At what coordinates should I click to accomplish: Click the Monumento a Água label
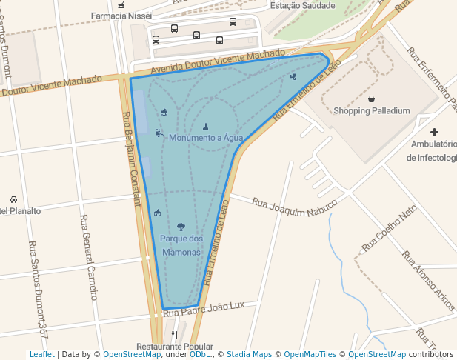(x=206, y=138)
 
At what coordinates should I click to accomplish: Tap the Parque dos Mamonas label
(x=181, y=245)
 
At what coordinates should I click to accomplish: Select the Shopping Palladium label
(x=372, y=111)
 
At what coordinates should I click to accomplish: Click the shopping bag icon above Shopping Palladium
(x=371, y=99)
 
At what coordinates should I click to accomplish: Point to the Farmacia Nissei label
(x=121, y=16)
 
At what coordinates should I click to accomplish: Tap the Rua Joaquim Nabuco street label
(x=294, y=207)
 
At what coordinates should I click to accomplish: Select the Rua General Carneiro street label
(x=88, y=257)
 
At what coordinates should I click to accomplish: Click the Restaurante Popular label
(x=175, y=347)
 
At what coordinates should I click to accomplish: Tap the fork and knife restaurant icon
(x=175, y=335)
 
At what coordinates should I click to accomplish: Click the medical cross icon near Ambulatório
(x=435, y=132)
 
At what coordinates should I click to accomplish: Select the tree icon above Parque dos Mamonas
(x=181, y=227)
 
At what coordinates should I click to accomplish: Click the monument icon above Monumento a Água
(x=206, y=126)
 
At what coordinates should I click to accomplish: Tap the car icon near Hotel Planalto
(x=13, y=199)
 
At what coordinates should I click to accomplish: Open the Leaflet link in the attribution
(x=41, y=355)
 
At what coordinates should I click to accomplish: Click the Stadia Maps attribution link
(x=250, y=355)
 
